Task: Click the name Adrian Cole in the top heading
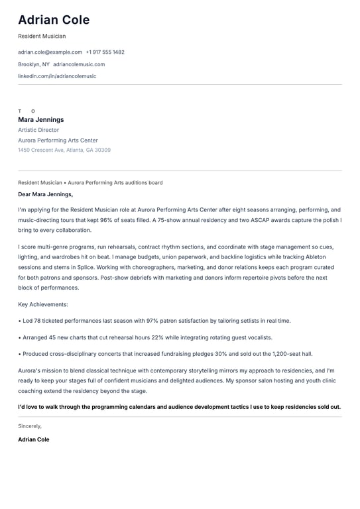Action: coord(54,20)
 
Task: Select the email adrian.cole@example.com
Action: coord(50,52)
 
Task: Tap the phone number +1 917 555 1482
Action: coord(105,52)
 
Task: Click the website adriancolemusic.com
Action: coord(79,64)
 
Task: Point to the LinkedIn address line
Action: coord(57,76)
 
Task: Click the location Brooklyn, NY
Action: coord(34,64)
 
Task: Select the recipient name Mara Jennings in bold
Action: coord(41,120)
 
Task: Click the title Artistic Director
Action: coord(38,130)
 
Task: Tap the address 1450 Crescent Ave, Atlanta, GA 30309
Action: coord(64,150)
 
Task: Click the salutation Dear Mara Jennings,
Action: coord(46,194)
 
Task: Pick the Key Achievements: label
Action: coord(43,304)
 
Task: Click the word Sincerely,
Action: coord(30,426)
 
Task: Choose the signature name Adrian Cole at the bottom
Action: coord(34,439)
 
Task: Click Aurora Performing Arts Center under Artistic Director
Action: coord(58,140)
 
